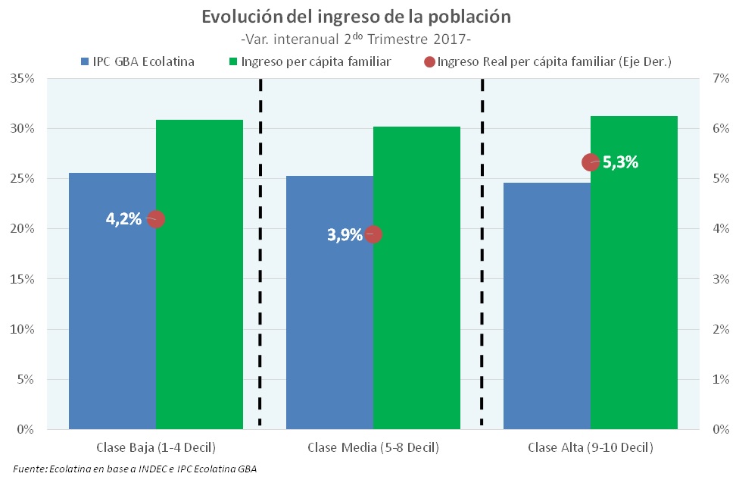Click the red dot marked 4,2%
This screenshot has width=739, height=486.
tap(156, 219)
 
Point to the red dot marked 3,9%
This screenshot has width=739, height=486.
tap(373, 234)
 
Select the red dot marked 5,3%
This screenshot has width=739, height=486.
tap(591, 161)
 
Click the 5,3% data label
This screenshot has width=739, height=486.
tap(621, 161)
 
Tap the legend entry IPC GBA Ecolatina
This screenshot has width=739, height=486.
tap(142, 61)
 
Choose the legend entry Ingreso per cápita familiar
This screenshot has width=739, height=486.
tap(316, 61)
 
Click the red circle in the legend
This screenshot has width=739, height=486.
tap(429, 62)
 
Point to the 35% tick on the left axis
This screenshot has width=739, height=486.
tap(23, 78)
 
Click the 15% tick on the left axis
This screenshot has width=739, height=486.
tap(23, 279)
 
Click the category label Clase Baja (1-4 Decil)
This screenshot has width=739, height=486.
tap(156, 447)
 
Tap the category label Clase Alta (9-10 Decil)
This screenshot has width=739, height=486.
tap(591, 447)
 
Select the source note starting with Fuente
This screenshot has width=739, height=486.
tap(135, 469)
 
